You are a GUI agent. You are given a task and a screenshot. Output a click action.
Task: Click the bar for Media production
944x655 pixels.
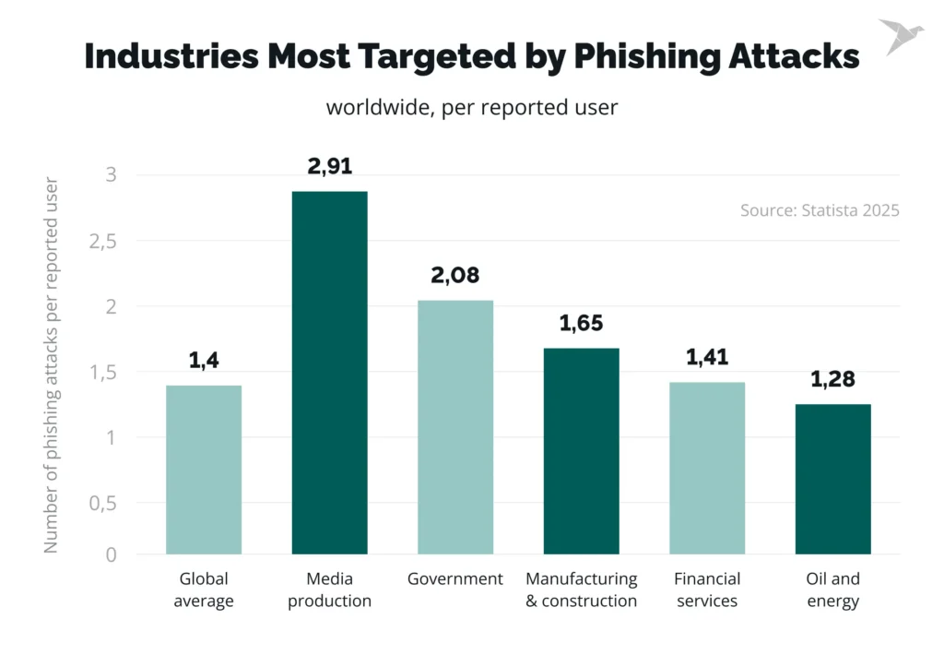pyautogui.click(x=329, y=373)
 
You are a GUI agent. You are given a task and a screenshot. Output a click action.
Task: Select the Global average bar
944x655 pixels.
pyautogui.click(x=204, y=470)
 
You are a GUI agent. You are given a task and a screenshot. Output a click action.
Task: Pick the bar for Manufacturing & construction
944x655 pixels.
pyautogui.click(x=581, y=451)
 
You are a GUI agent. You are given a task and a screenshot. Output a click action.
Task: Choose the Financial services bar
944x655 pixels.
pyautogui.click(x=707, y=468)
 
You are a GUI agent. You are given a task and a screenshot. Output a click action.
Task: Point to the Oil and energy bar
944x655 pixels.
pyautogui.click(x=832, y=479)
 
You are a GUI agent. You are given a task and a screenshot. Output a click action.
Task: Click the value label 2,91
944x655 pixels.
pyautogui.click(x=329, y=167)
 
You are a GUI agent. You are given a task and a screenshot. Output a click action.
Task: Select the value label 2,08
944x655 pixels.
pyautogui.click(x=455, y=276)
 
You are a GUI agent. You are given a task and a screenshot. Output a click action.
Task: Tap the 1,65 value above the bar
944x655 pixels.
pyautogui.click(x=581, y=324)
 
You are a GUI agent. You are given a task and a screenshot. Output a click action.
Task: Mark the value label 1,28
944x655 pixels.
pyautogui.click(x=832, y=379)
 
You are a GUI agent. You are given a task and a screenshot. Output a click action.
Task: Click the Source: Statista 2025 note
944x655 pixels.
pyautogui.click(x=820, y=210)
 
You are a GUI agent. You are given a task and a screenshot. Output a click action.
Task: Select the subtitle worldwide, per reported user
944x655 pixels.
pyautogui.click(x=471, y=107)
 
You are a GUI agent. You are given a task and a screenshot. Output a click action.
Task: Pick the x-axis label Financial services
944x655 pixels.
pyautogui.click(x=707, y=589)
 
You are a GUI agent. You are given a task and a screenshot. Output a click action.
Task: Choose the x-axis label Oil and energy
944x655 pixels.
pyautogui.click(x=832, y=589)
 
